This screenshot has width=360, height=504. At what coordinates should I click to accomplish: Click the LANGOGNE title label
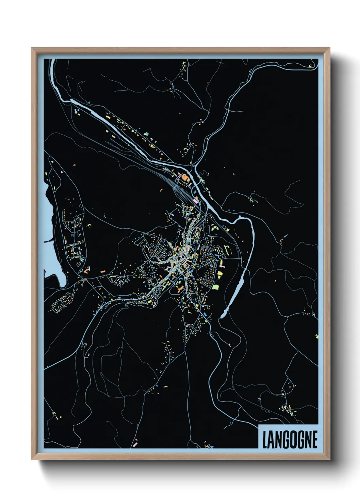(x=289, y=439)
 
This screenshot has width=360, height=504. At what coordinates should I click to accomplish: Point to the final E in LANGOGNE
(x=314, y=440)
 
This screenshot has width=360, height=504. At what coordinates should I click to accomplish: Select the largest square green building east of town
(x=215, y=287)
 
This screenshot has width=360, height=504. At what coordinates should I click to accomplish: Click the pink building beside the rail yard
(x=196, y=200)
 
